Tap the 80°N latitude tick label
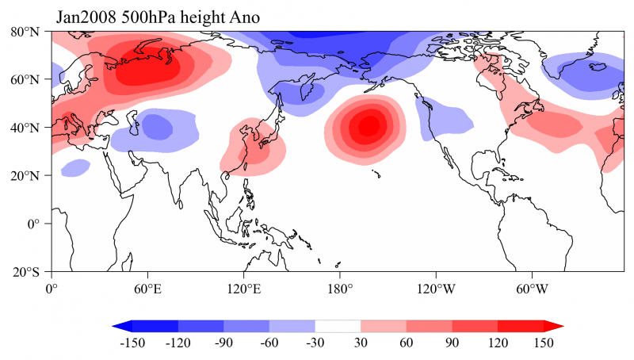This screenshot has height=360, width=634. (x=26, y=32)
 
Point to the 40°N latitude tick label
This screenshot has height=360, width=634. (x=26, y=128)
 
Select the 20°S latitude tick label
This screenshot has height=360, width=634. (x=27, y=272)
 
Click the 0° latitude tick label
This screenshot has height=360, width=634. (x=35, y=224)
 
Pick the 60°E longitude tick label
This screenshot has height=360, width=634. (x=148, y=288)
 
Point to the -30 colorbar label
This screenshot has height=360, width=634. (x=315, y=343)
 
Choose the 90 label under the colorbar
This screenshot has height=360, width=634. (x=452, y=343)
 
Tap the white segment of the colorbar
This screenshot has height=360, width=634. (x=338, y=326)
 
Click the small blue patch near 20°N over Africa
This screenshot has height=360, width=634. (x=75, y=168)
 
